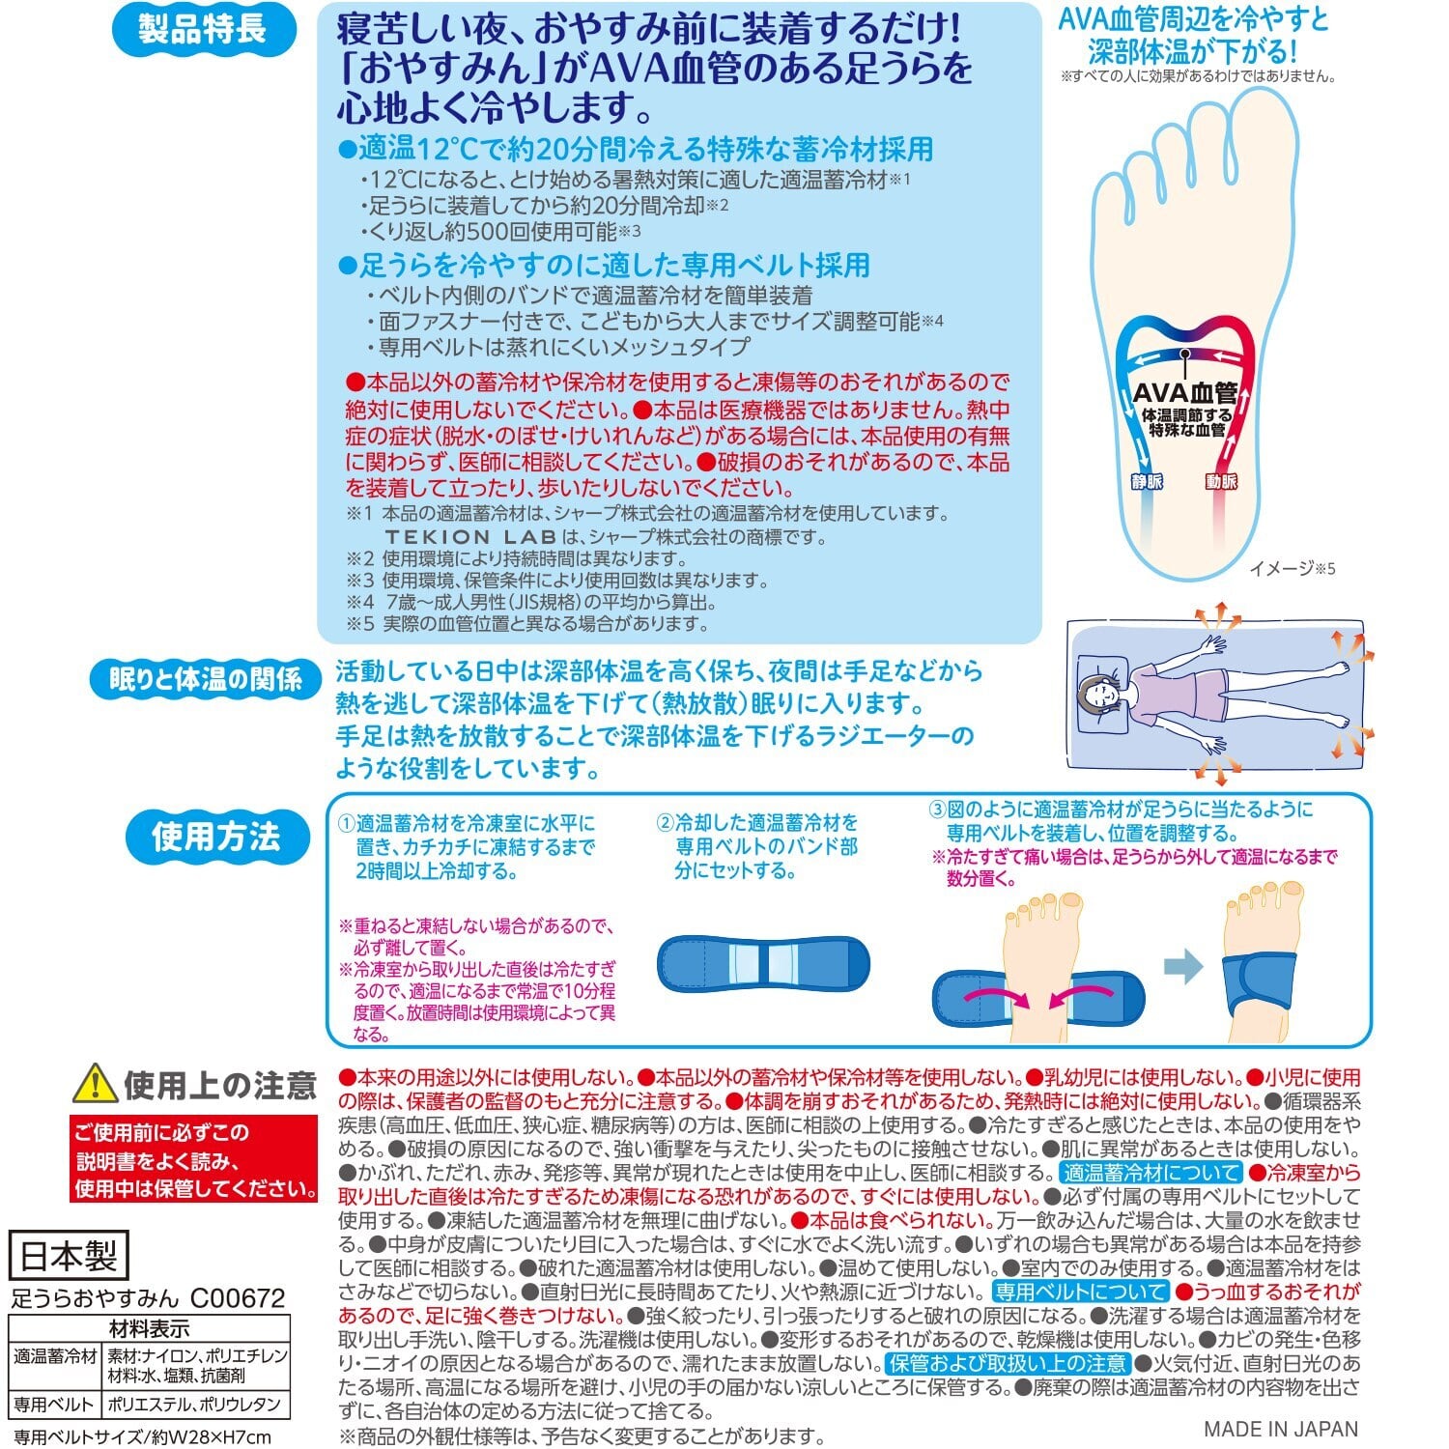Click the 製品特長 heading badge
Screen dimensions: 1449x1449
click(202, 30)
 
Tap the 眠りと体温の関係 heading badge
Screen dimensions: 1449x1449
click(205, 680)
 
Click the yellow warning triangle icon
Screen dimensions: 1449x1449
click(95, 1085)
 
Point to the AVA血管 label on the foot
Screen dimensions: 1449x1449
click(1184, 392)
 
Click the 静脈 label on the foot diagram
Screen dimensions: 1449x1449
click(1147, 481)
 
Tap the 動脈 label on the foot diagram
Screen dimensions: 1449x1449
click(1221, 481)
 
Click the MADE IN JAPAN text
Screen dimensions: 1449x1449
click(1281, 1429)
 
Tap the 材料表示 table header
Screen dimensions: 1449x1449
click(149, 1328)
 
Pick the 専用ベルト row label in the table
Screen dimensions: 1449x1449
click(54, 1405)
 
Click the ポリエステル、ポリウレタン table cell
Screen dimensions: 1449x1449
click(194, 1405)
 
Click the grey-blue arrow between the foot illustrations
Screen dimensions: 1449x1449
click(1183, 966)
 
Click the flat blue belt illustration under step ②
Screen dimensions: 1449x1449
click(763, 963)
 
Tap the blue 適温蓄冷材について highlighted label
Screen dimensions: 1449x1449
click(1151, 1173)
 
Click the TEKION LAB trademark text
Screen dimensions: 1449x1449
click(470, 536)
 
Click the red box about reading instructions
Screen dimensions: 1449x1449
click(194, 1159)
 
